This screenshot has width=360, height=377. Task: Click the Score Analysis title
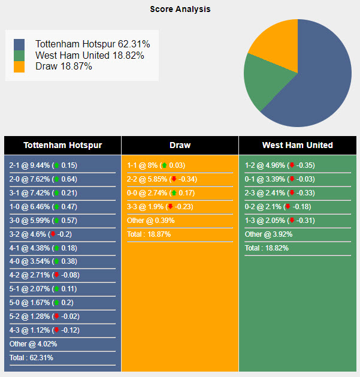180,10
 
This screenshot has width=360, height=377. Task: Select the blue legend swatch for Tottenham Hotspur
20,44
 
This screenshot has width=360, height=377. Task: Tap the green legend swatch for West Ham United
20,56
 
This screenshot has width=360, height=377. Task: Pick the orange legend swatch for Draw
20,67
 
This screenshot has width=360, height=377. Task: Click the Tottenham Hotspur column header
62,145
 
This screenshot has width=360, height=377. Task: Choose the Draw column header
180,145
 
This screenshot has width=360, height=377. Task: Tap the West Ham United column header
297,145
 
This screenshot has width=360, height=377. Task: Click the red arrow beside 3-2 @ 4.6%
53,234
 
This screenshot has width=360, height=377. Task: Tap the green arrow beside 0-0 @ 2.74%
173,193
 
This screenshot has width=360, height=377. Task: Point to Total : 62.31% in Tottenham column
31,358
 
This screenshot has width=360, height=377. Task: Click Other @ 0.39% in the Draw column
151,221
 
